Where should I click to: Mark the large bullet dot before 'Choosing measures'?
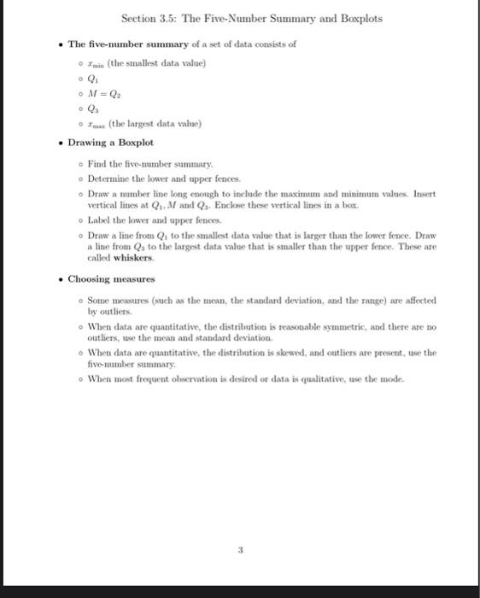59,279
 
